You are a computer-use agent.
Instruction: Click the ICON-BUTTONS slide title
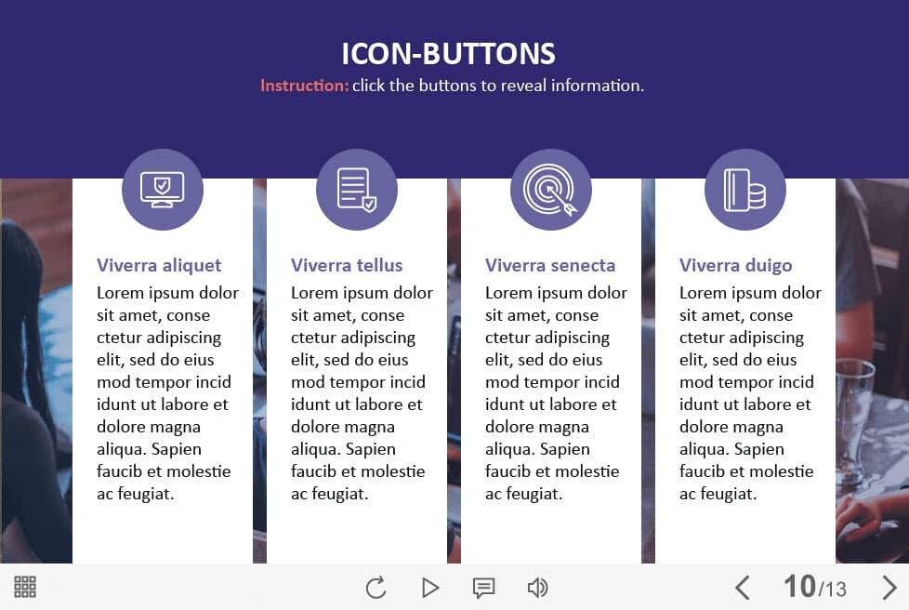(x=448, y=54)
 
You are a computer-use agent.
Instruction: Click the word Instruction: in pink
(x=304, y=86)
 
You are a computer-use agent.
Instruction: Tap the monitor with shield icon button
(x=163, y=190)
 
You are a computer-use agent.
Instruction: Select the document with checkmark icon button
(x=357, y=190)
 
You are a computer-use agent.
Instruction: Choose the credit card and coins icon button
(x=744, y=190)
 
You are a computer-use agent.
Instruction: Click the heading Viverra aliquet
(x=159, y=266)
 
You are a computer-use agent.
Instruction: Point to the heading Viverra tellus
(x=347, y=266)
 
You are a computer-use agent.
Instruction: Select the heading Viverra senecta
(x=550, y=266)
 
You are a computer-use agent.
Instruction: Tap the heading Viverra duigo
(x=736, y=266)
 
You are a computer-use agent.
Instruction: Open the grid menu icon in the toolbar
(x=25, y=587)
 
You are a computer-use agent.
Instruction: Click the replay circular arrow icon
(x=375, y=588)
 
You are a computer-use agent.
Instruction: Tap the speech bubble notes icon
(x=483, y=588)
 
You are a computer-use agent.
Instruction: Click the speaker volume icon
(x=537, y=588)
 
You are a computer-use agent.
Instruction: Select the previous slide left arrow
(x=743, y=588)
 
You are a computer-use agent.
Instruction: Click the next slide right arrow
(x=889, y=588)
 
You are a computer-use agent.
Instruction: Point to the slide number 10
(x=800, y=586)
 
